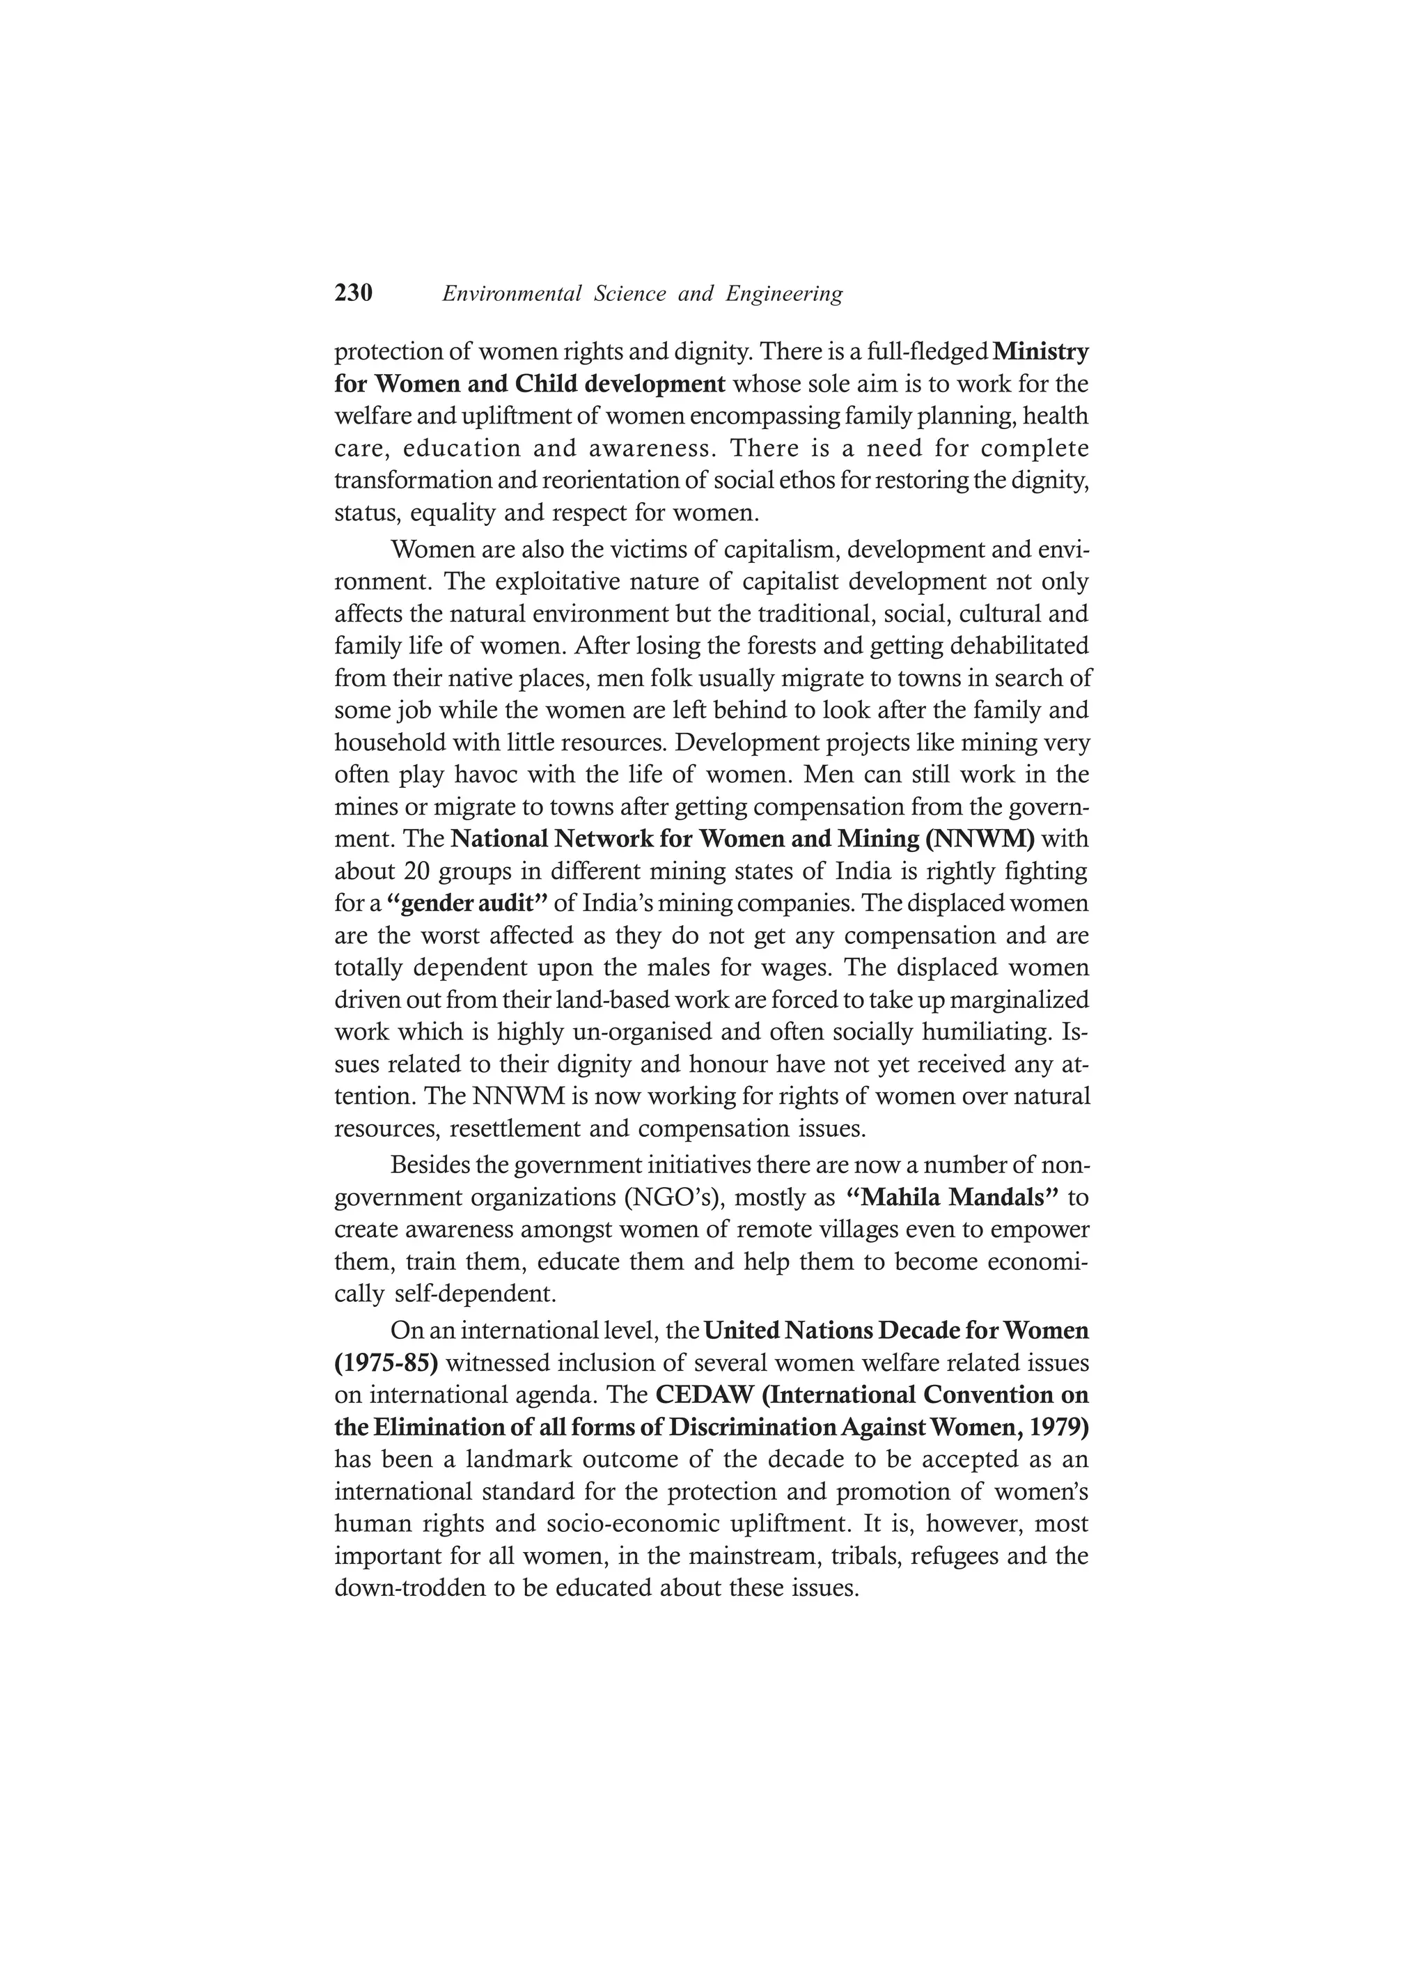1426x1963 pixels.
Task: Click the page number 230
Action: [353, 293]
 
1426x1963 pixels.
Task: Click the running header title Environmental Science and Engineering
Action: [642, 294]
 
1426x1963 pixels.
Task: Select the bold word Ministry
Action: [1041, 352]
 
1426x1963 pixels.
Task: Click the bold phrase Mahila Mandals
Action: [951, 1198]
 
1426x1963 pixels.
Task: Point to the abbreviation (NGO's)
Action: [673, 1199]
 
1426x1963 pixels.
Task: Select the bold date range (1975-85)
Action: [386, 1363]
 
